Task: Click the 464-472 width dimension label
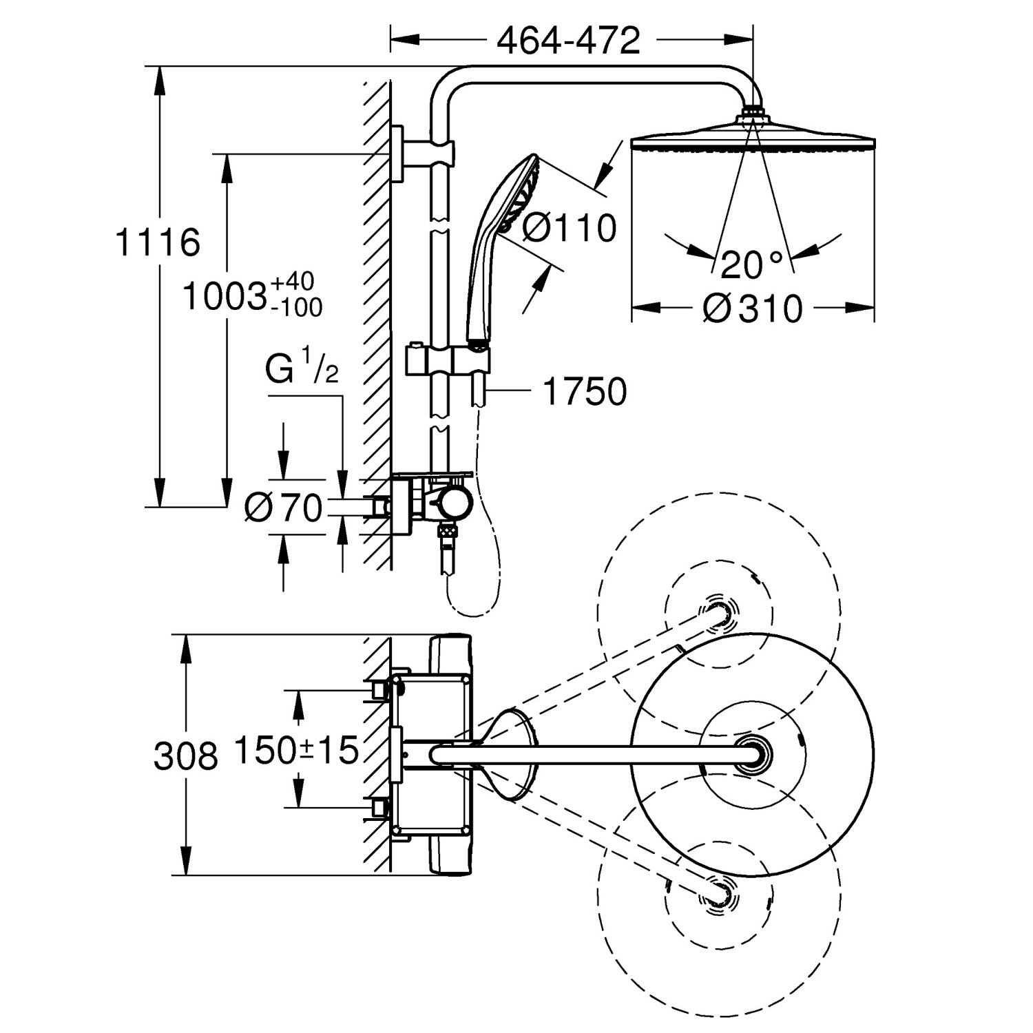click(x=569, y=41)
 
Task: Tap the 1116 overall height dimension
click(x=158, y=242)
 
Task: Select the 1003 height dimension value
click(x=225, y=298)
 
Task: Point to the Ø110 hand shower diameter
click(x=569, y=228)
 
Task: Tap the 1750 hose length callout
click(x=585, y=392)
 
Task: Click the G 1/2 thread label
click(x=302, y=371)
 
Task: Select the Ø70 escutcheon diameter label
click(x=284, y=508)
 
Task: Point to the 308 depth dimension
click(x=185, y=756)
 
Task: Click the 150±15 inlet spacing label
click(x=296, y=750)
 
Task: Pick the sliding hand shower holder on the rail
click(x=448, y=359)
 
